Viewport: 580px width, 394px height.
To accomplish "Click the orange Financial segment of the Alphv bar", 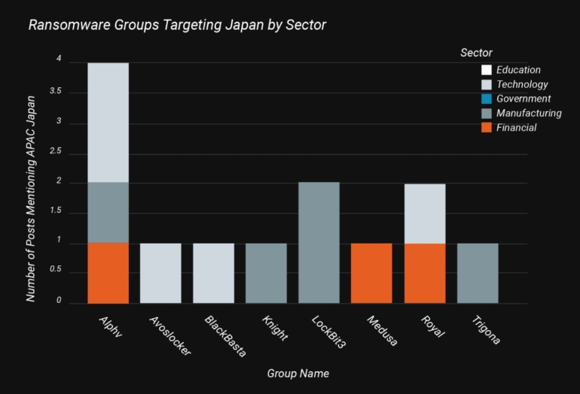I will point(108,273).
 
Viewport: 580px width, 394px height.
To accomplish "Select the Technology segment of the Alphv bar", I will point(108,123).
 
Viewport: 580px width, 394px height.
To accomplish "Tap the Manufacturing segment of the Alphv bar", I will point(108,213).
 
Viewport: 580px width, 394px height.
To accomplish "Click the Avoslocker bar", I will point(160,273).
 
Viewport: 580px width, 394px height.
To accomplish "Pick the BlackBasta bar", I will point(213,273).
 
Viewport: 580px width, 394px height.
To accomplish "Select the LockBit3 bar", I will point(319,243).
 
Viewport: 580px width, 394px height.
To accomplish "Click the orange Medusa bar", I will point(371,273).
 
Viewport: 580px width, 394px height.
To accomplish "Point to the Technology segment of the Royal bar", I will point(424,214).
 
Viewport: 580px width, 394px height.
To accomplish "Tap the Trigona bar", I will point(477,273).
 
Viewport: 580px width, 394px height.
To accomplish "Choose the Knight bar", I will point(266,273).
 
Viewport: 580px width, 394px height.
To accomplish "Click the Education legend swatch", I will point(487,70).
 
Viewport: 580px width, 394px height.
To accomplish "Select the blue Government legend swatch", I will point(487,98).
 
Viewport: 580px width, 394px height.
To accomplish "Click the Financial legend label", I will point(516,128).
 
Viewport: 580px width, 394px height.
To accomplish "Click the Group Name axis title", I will point(298,373).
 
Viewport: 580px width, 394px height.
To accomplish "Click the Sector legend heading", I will point(476,53).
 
